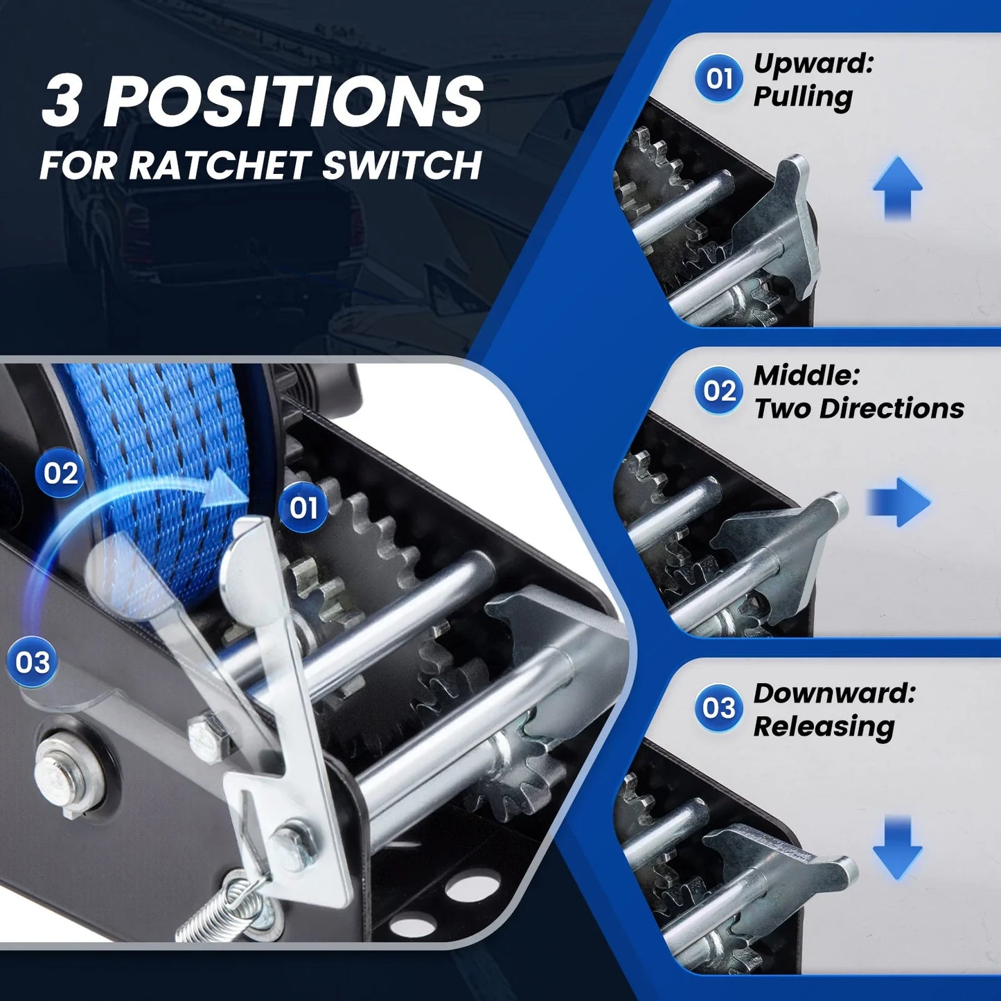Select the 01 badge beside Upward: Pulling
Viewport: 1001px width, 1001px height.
(719, 78)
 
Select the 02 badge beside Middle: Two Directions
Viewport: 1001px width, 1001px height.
(719, 391)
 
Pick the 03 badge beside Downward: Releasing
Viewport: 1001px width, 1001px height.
(719, 708)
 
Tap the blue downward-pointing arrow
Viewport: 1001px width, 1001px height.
(897, 848)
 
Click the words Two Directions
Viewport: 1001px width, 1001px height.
(859, 409)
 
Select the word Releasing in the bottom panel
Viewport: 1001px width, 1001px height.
(824, 727)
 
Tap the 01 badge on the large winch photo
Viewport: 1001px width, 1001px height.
(303, 508)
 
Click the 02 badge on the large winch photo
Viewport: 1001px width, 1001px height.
(60, 473)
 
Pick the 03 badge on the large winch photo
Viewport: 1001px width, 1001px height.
(33, 662)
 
